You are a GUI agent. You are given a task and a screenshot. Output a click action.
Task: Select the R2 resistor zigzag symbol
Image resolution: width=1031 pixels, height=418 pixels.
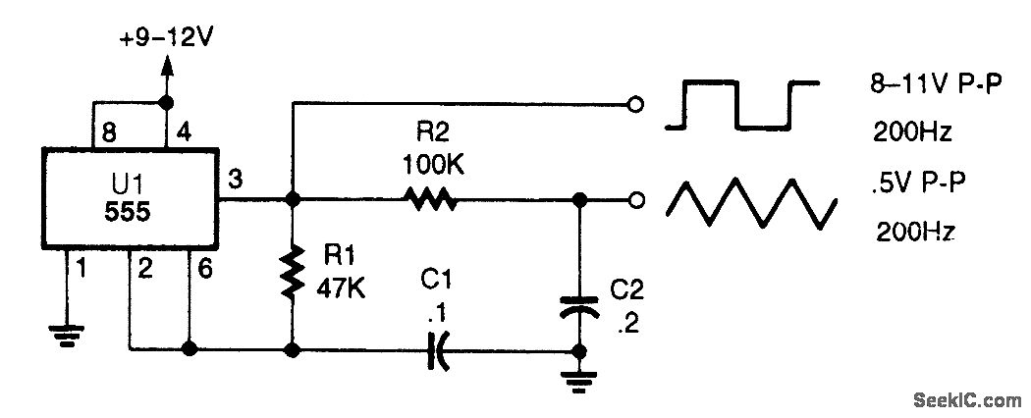pyautogui.click(x=428, y=200)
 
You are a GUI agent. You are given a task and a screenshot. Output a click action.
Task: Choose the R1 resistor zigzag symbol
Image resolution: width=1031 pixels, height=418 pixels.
pyautogui.click(x=292, y=274)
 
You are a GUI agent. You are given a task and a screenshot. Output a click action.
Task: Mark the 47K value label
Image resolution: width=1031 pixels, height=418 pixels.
pyautogui.click(x=343, y=291)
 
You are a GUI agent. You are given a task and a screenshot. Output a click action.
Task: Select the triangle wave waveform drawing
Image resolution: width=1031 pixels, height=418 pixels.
pyautogui.click(x=752, y=203)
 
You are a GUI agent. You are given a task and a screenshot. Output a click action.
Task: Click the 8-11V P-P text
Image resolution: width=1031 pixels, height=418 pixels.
pyautogui.click(x=932, y=86)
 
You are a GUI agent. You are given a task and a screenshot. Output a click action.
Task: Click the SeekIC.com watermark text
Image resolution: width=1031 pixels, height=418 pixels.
pyautogui.click(x=967, y=399)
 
